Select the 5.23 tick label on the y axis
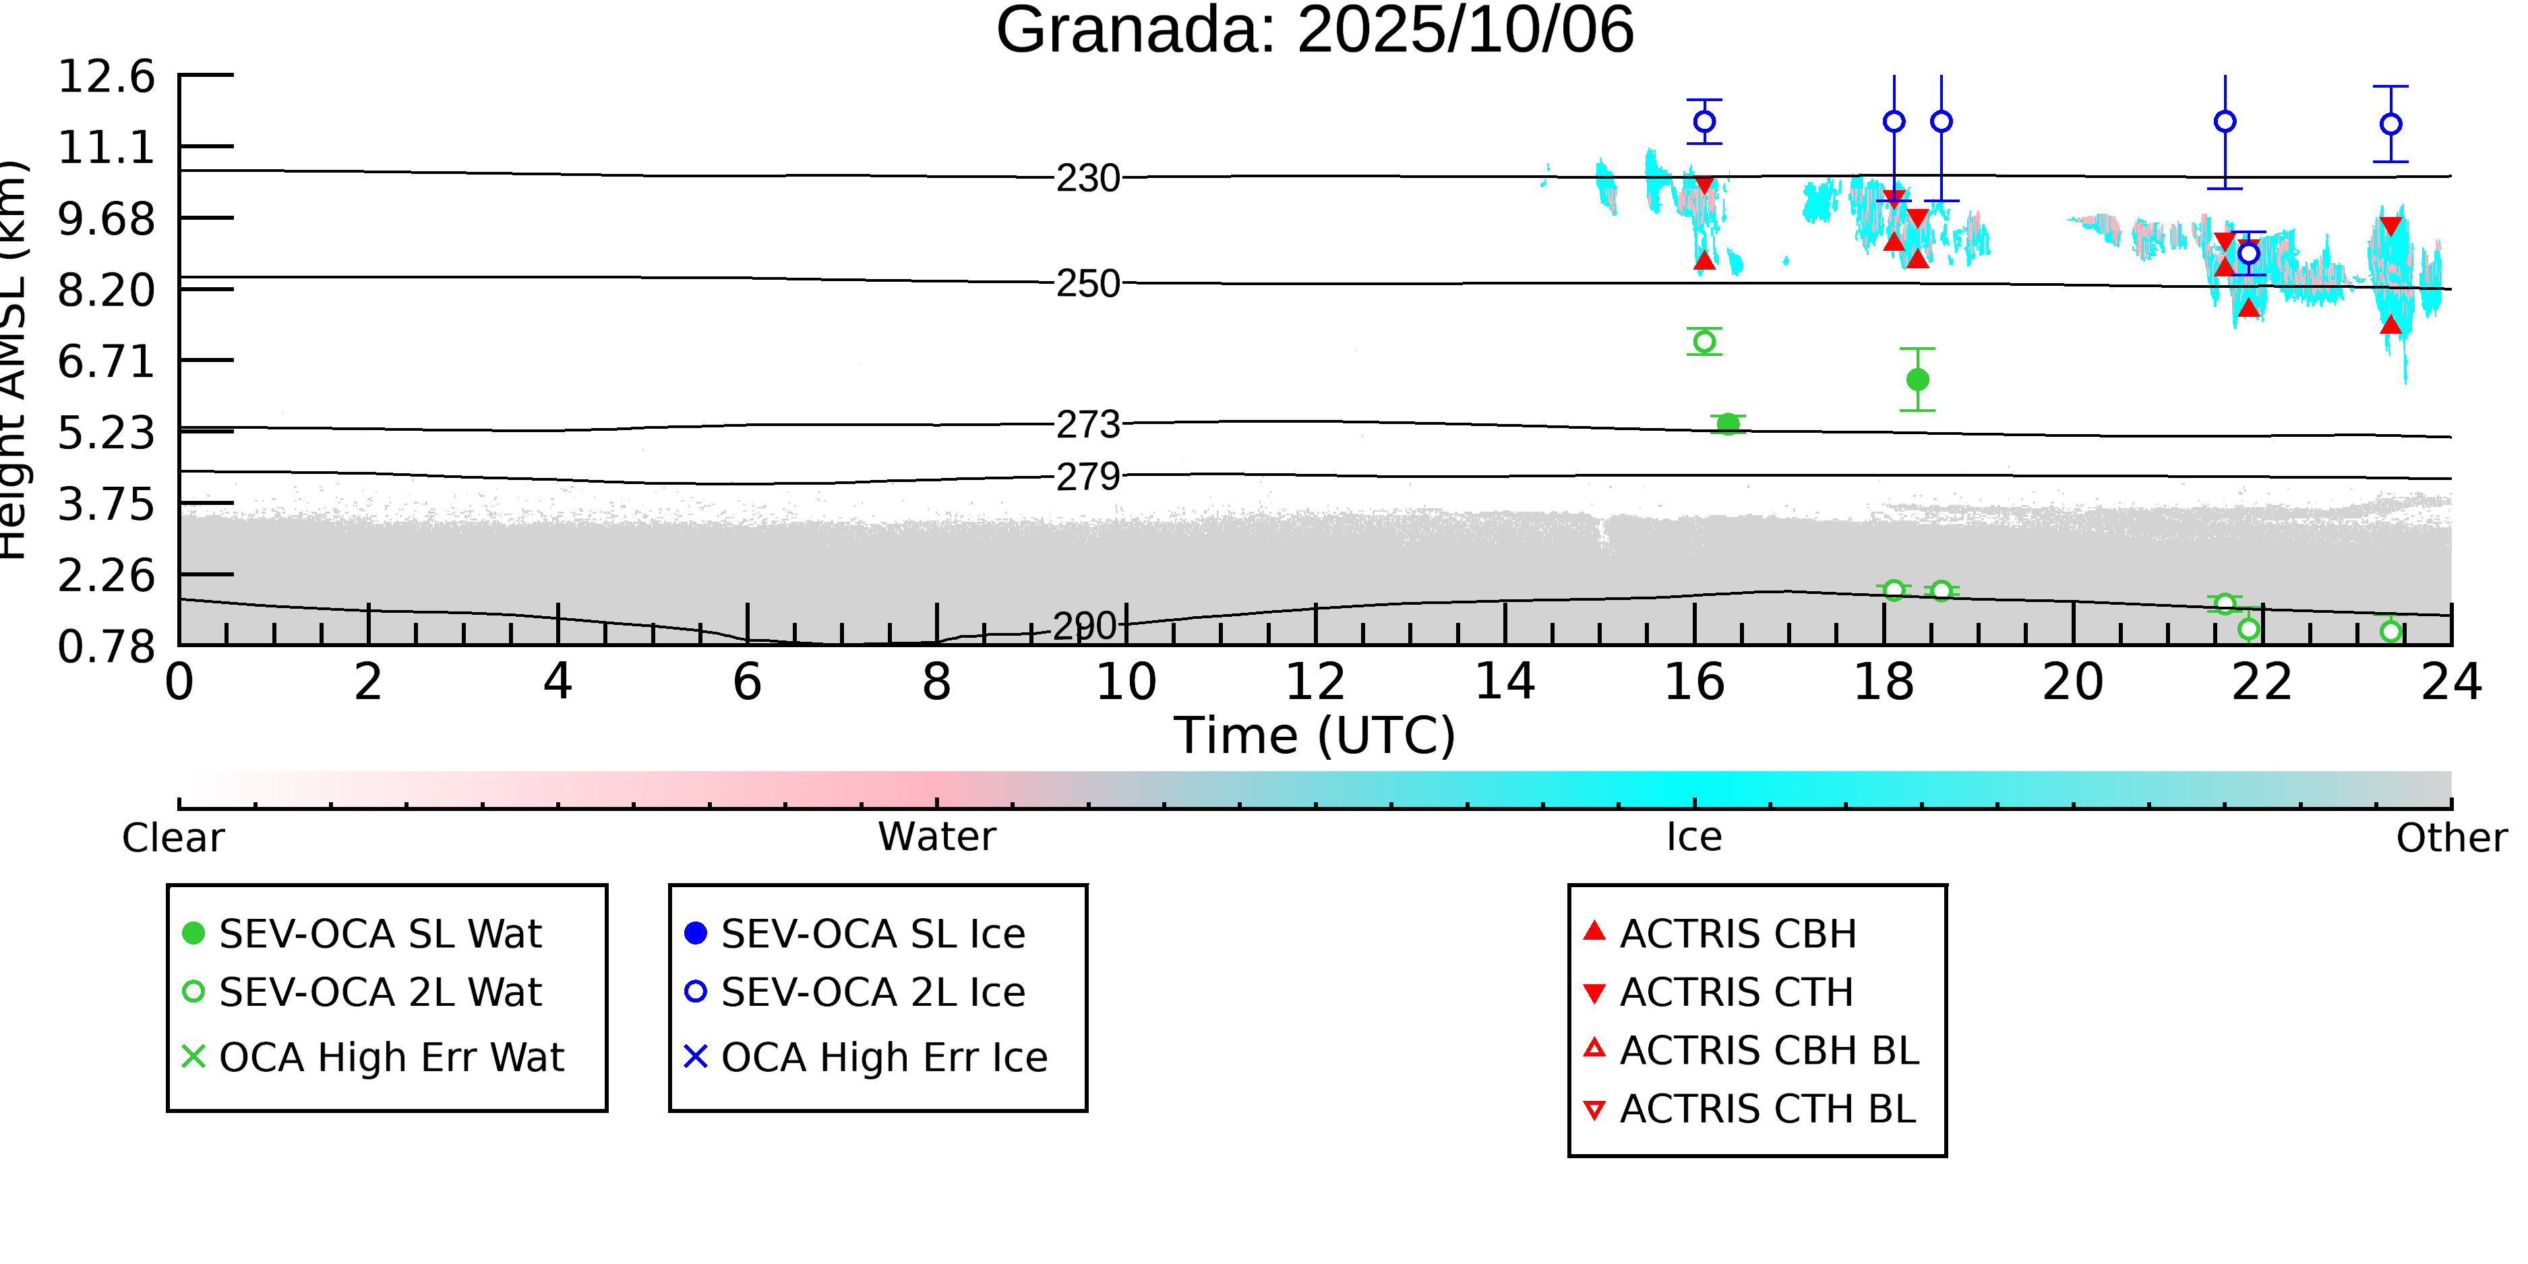(x=106, y=433)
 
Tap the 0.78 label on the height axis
(x=106, y=646)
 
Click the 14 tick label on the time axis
(x=1505, y=682)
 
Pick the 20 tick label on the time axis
(x=2073, y=682)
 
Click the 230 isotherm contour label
(x=1087, y=179)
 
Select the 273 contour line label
(x=1087, y=425)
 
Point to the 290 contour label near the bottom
(x=1085, y=626)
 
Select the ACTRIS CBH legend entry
(x=1737, y=933)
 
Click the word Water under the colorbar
(x=936, y=837)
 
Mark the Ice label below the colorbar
(x=1694, y=837)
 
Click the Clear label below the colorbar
(x=173, y=838)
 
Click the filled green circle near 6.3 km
(x=1917, y=380)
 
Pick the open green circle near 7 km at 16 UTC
(x=1705, y=342)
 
